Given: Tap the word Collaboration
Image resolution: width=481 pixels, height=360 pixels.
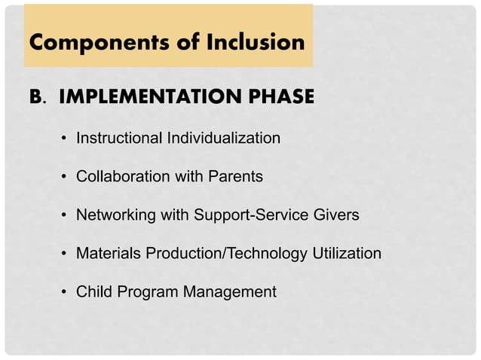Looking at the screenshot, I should pos(122,177).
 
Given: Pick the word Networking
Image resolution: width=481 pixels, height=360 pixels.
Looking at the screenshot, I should pos(115,215).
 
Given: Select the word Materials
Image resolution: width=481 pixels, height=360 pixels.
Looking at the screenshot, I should pos(107,254).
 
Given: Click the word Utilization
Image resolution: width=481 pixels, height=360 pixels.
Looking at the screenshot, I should pos(346,254).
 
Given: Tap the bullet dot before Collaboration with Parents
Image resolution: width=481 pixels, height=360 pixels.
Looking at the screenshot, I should pos(65,178).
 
